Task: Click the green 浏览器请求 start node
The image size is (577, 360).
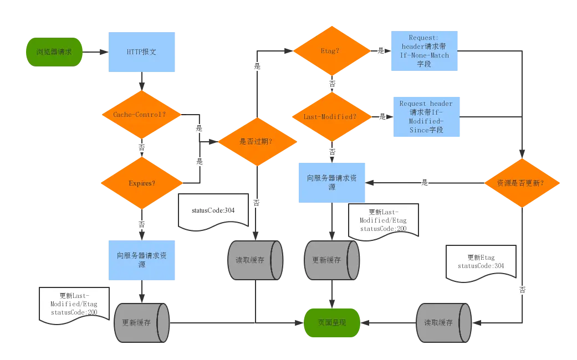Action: coord(53,52)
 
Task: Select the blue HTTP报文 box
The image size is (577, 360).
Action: coord(142,52)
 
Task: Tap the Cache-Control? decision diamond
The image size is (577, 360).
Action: coord(142,115)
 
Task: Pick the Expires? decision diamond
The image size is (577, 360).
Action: coord(142,183)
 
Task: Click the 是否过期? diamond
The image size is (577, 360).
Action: coord(256,141)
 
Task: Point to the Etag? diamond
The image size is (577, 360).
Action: coord(331,51)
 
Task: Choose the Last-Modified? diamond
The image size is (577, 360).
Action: coord(331,117)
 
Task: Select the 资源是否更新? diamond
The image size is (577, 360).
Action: coord(520,183)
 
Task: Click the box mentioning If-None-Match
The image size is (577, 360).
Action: coord(425,51)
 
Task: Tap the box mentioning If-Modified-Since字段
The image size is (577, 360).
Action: coord(425,117)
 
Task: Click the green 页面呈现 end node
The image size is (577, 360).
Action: coord(332,322)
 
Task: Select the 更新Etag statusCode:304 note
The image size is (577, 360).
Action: coord(481,262)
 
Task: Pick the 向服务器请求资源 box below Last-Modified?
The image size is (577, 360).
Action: coord(332,182)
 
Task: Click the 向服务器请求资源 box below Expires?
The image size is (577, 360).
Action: coord(142,260)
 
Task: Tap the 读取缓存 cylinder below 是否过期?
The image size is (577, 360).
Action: coord(255,260)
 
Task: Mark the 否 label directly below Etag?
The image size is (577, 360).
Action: coord(332,84)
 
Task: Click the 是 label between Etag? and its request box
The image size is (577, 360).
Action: coord(381,51)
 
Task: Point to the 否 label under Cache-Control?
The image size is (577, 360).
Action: coord(142,148)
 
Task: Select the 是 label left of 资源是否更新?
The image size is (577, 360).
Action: coord(425,182)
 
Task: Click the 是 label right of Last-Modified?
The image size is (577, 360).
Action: coord(382,117)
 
